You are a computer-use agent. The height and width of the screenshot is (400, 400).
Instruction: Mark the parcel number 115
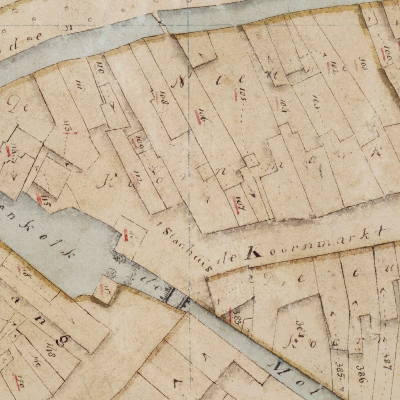pos(45,202)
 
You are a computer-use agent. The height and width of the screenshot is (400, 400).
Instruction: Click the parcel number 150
pos(20,384)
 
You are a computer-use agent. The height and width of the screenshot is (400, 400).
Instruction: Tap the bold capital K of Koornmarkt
pos(252,253)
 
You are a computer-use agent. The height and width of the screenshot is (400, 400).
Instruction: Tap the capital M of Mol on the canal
pos(280,368)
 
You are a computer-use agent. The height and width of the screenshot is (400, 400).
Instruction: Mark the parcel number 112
pos(137,178)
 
